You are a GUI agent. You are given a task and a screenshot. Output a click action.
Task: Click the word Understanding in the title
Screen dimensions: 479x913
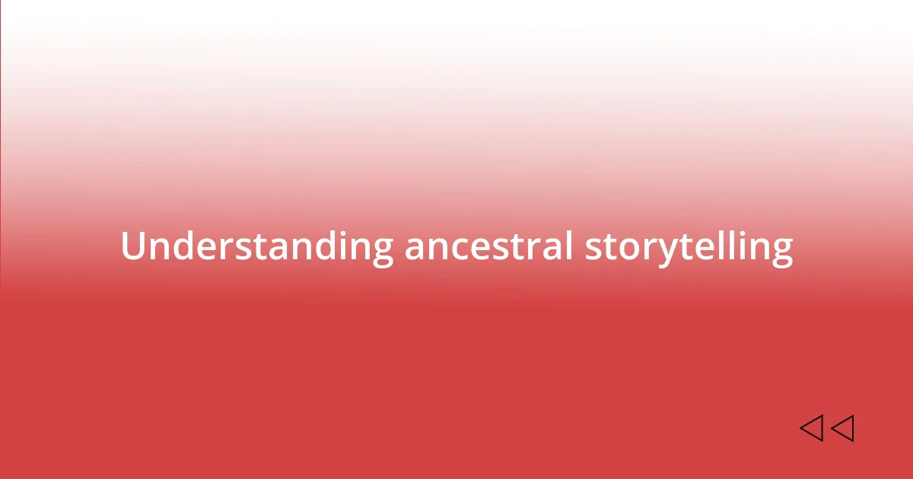[x=256, y=247]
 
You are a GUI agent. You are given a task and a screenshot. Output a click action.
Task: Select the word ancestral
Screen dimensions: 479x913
[x=488, y=247]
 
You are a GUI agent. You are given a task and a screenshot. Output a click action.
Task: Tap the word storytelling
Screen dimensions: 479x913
[x=689, y=247]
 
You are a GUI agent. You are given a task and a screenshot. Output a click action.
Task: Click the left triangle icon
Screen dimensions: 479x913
[x=811, y=428]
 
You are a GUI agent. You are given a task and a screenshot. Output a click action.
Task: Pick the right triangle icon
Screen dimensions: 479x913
[x=842, y=428]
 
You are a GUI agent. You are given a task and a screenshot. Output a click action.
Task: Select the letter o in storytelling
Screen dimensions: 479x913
[x=625, y=249]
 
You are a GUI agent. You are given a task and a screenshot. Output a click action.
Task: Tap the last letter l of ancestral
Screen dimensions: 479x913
[x=569, y=246]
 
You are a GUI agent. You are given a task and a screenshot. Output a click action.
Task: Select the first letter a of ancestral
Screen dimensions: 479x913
[x=415, y=249]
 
